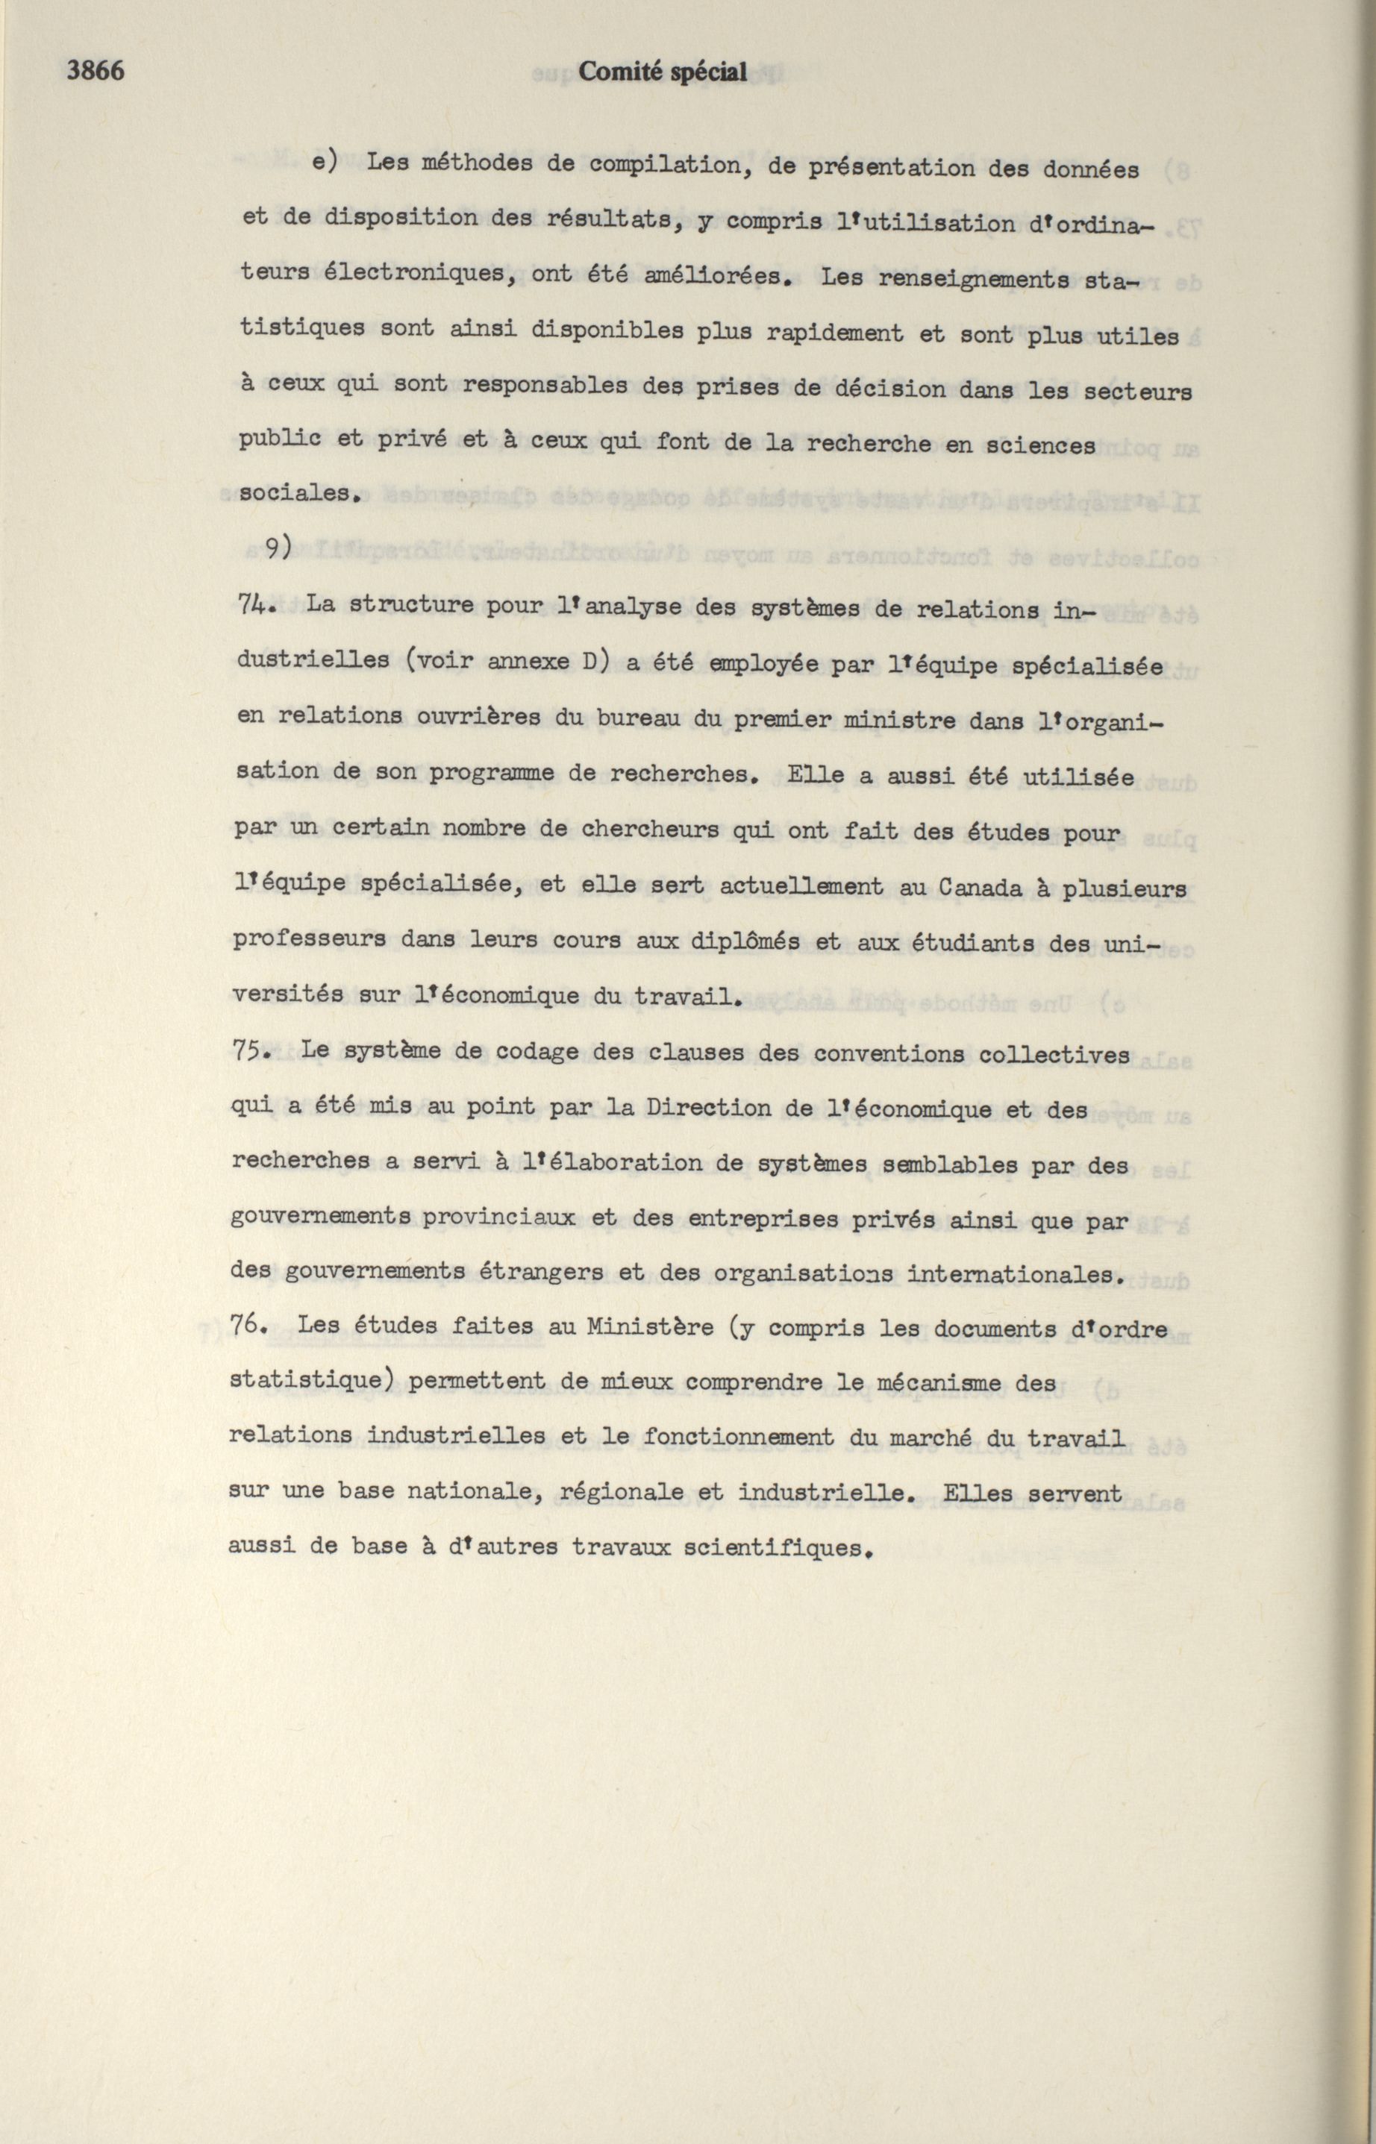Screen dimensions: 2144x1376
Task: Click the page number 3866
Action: [96, 71]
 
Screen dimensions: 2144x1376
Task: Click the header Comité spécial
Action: [662, 72]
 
